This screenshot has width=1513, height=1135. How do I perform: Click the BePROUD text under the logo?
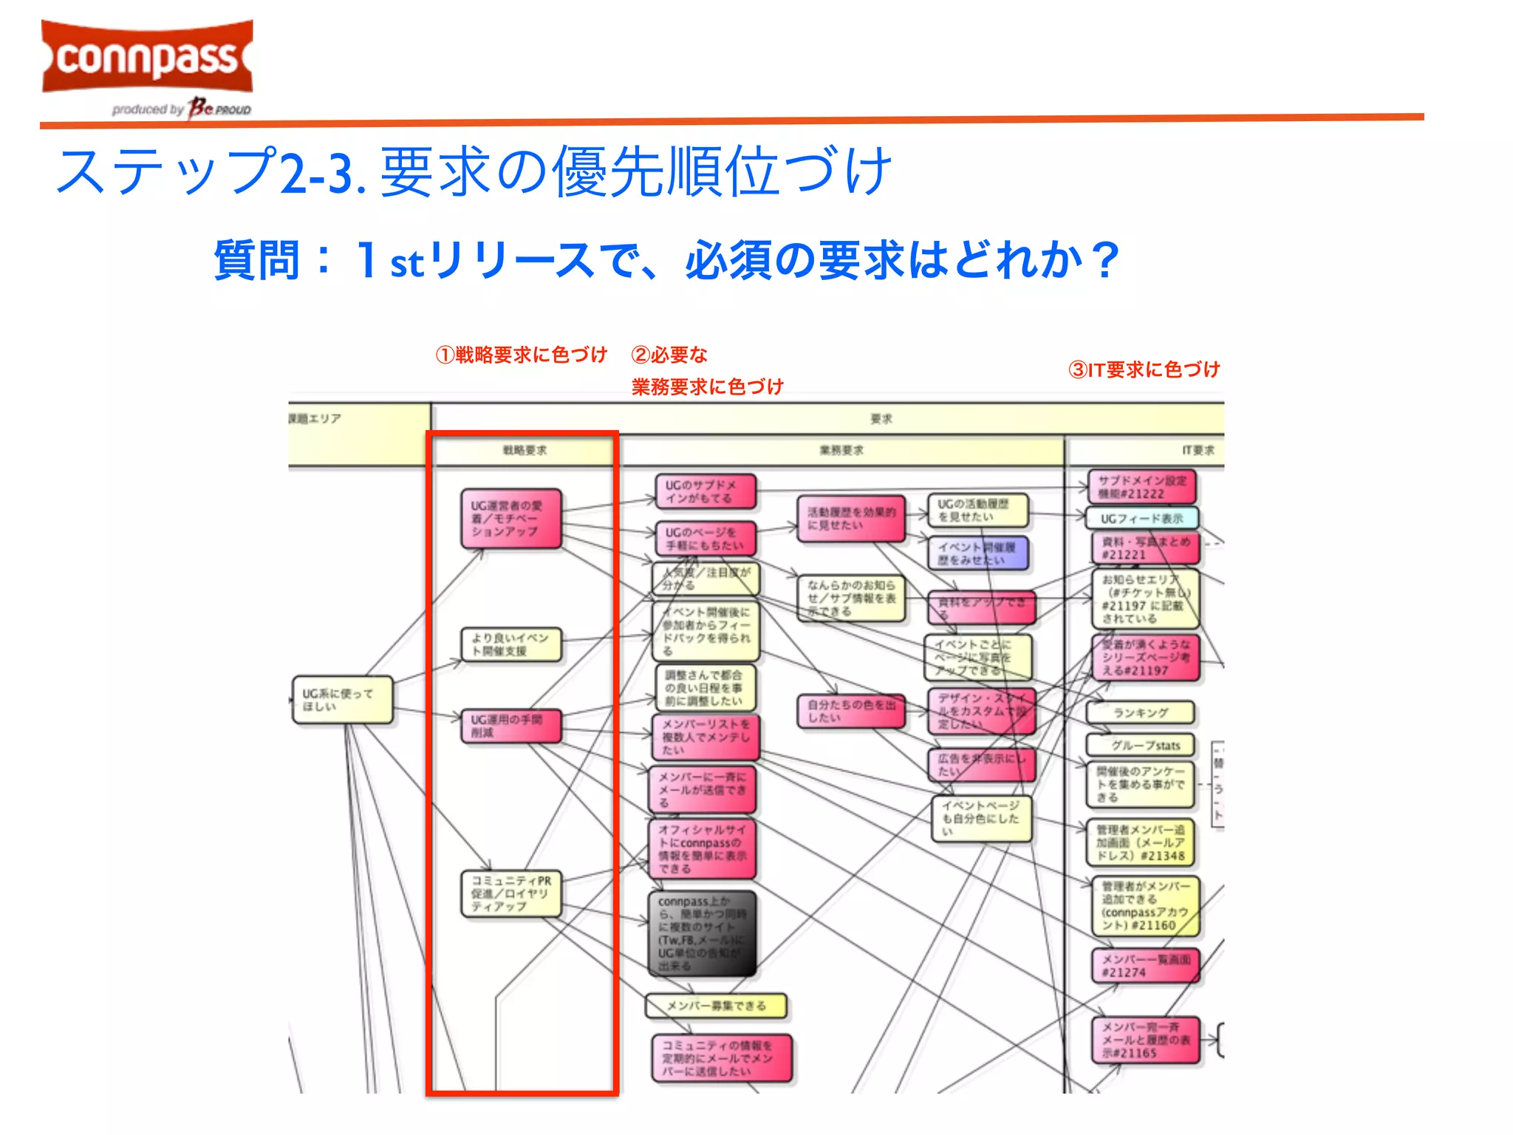tap(220, 109)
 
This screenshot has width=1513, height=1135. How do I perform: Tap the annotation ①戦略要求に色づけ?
tap(521, 355)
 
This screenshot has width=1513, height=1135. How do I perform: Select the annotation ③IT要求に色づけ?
tap(1144, 369)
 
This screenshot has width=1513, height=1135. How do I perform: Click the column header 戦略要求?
tap(525, 450)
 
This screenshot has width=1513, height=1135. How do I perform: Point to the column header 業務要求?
tap(841, 450)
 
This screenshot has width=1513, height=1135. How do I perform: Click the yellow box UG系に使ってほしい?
tap(342, 700)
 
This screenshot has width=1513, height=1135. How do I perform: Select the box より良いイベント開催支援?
tap(510, 644)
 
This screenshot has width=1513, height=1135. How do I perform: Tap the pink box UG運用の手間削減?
tap(510, 726)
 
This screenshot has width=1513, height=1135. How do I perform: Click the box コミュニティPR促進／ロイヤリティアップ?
tap(510, 893)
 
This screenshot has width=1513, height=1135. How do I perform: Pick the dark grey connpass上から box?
tap(702, 933)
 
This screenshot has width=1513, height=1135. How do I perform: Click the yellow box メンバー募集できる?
tap(716, 1006)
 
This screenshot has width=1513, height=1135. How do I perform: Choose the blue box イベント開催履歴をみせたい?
tap(977, 553)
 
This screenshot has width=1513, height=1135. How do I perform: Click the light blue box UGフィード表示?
tap(1141, 518)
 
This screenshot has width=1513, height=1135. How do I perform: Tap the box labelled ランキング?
tap(1140, 712)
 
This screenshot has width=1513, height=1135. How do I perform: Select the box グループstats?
tap(1140, 745)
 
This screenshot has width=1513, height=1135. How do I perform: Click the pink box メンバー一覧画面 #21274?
tap(1145, 966)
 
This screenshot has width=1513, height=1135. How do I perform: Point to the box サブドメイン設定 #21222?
tap(1141, 487)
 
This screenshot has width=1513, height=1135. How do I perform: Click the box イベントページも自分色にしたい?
tap(981, 818)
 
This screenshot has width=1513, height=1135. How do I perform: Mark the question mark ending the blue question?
tap(1105, 260)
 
